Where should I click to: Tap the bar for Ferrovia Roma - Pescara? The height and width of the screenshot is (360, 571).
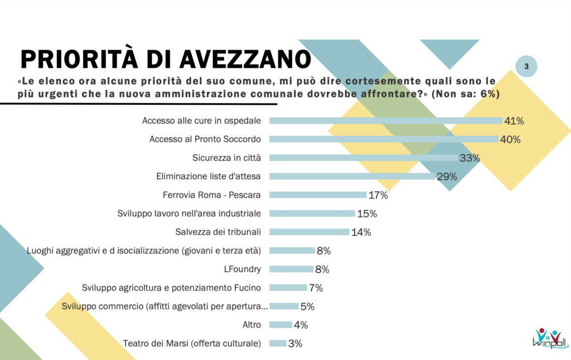tap(318, 195)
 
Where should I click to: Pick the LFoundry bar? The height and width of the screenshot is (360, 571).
tap(292, 269)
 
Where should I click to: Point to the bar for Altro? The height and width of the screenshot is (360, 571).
tap(280, 325)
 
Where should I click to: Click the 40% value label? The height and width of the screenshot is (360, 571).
tap(510, 139)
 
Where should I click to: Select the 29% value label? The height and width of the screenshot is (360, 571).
tap(447, 177)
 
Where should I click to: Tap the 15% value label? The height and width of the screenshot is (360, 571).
tap(367, 213)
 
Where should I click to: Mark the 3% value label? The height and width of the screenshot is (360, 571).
tap(295, 344)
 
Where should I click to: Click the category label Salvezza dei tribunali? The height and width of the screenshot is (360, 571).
tap(218, 232)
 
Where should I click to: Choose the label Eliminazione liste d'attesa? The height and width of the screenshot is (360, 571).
tap(209, 176)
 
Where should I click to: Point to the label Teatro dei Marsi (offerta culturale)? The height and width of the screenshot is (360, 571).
tap(192, 343)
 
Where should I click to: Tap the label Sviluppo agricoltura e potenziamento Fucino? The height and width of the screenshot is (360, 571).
tap(171, 288)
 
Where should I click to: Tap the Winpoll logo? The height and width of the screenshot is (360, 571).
tap(549, 338)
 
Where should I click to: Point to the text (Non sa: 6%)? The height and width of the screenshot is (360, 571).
tap(466, 94)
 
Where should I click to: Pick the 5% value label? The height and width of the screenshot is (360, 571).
tap(307, 307)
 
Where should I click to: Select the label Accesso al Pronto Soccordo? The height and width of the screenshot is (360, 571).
tap(205, 139)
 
